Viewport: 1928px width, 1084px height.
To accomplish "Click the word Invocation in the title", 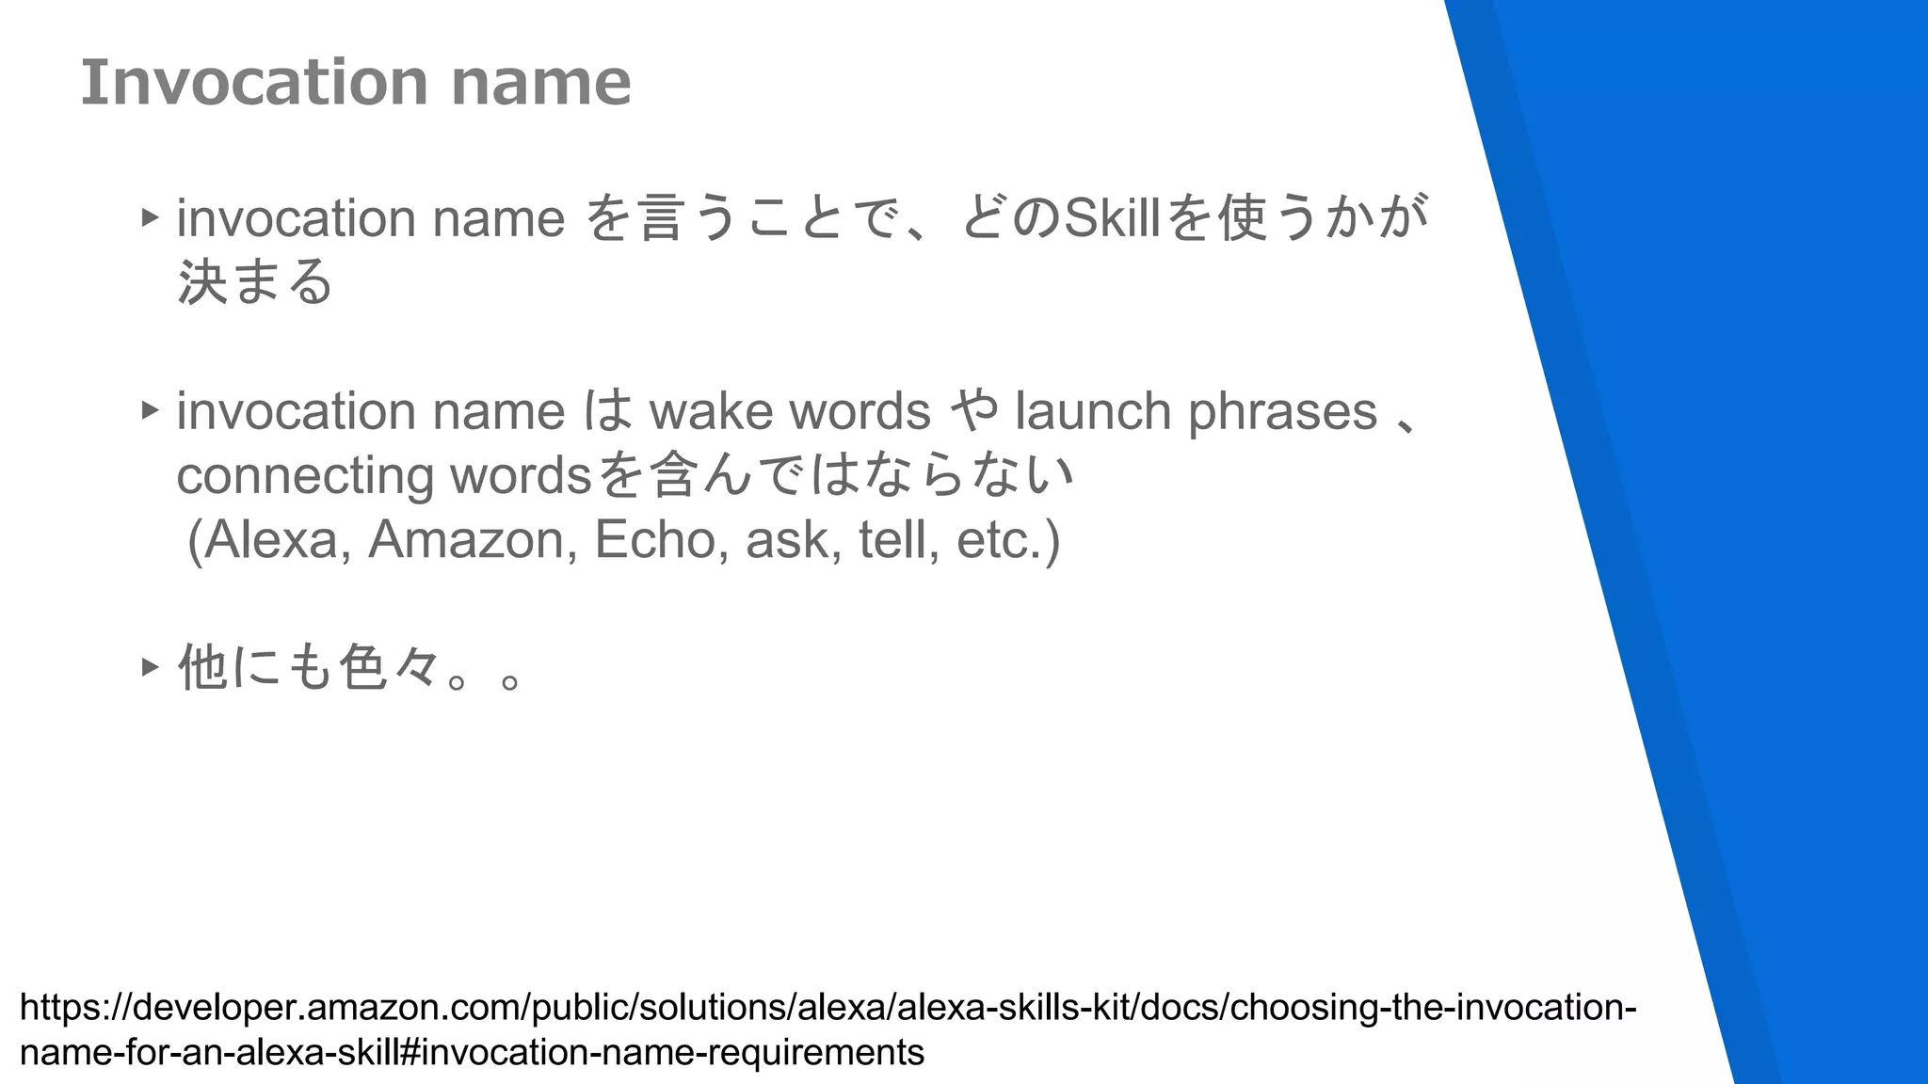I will point(254,82).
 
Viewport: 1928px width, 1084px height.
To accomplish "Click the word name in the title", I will point(540,82).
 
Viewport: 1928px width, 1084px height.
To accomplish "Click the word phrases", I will point(1282,411).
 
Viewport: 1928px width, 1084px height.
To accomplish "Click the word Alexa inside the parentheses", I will point(273,539).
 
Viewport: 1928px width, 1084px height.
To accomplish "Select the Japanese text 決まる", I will point(255,281).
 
